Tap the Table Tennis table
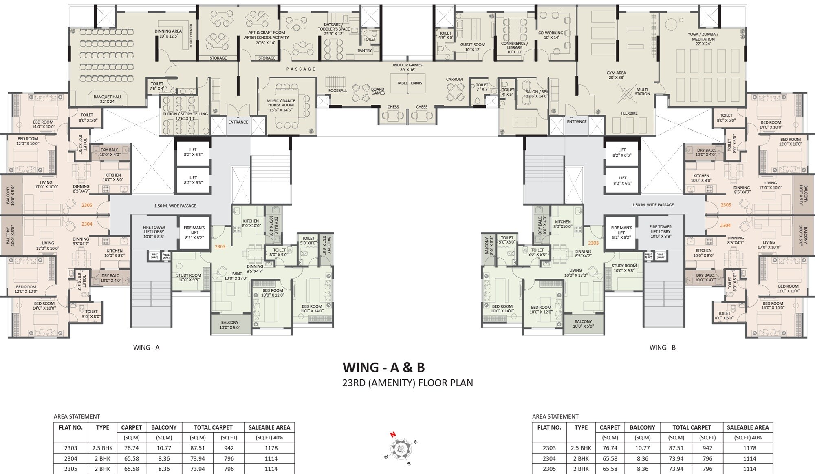(x=409, y=83)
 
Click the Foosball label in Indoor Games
(x=337, y=91)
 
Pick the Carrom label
(x=454, y=80)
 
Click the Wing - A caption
(x=146, y=348)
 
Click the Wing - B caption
(x=662, y=348)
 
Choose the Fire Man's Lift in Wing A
(x=194, y=233)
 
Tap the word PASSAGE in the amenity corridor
(x=301, y=69)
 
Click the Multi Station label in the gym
(x=642, y=91)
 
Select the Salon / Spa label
(x=537, y=94)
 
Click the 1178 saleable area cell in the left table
(x=271, y=448)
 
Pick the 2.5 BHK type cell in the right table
(x=581, y=448)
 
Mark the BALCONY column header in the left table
(x=164, y=427)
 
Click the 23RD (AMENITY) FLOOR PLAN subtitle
(x=407, y=383)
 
